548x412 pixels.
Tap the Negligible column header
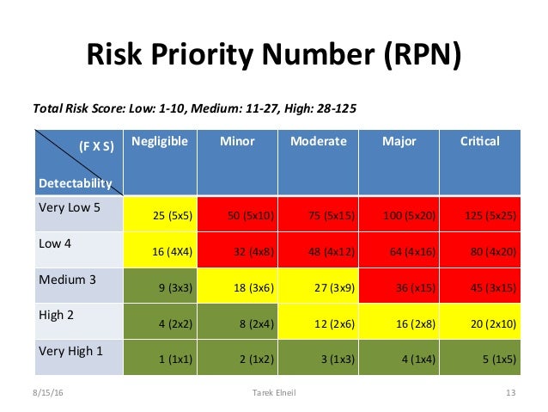(x=160, y=141)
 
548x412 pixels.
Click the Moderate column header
(x=319, y=141)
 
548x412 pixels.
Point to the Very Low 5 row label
(x=70, y=207)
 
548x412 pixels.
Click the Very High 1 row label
(x=70, y=351)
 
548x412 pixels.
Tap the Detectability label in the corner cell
(x=75, y=183)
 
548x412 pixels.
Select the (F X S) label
(x=94, y=147)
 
